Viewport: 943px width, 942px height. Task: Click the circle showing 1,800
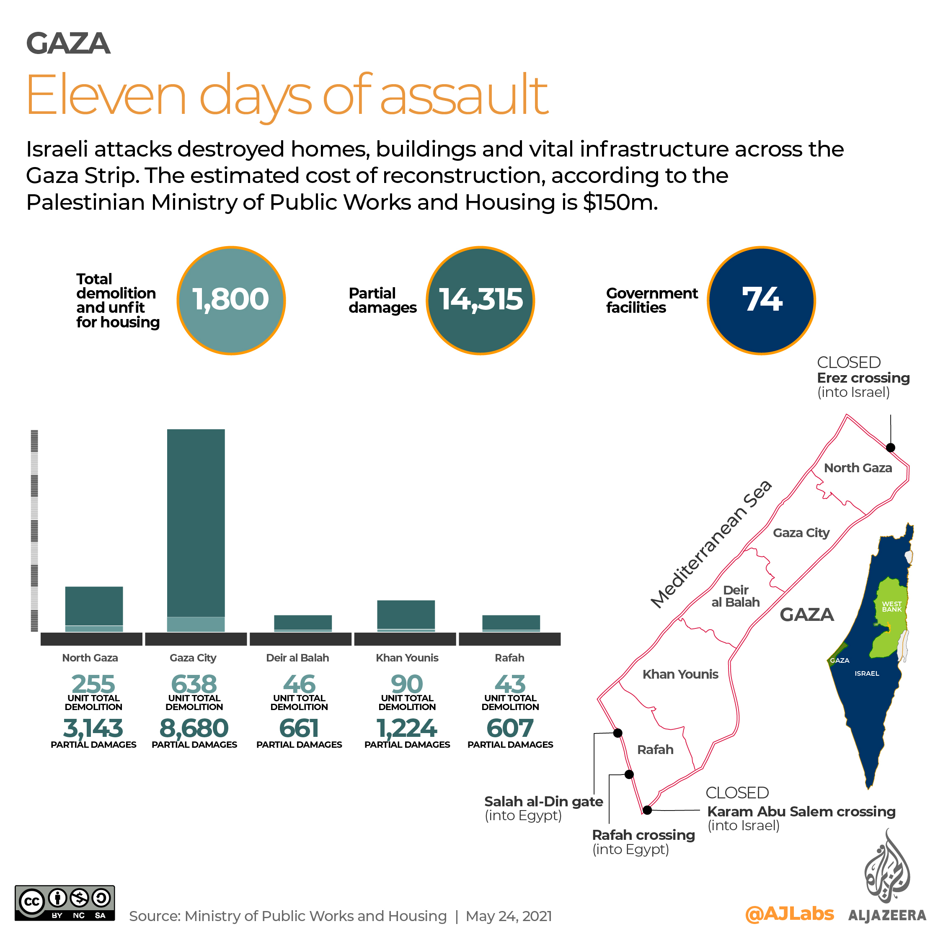[x=231, y=300]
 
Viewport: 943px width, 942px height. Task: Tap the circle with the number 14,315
[x=480, y=300]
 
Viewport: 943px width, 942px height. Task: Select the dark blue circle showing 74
[x=761, y=300]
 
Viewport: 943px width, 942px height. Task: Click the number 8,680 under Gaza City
[x=194, y=728]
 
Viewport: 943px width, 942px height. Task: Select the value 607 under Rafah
[x=510, y=728]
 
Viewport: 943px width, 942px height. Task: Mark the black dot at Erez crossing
[x=890, y=447]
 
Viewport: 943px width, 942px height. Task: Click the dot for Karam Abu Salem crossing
[x=647, y=810]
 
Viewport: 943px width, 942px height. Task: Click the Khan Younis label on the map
[x=680, y=674]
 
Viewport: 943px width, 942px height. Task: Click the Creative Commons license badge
[x=65, y=903]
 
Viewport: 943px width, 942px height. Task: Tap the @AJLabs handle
[x=789, y=913]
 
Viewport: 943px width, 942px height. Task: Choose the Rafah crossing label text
[x=643, y=835]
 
